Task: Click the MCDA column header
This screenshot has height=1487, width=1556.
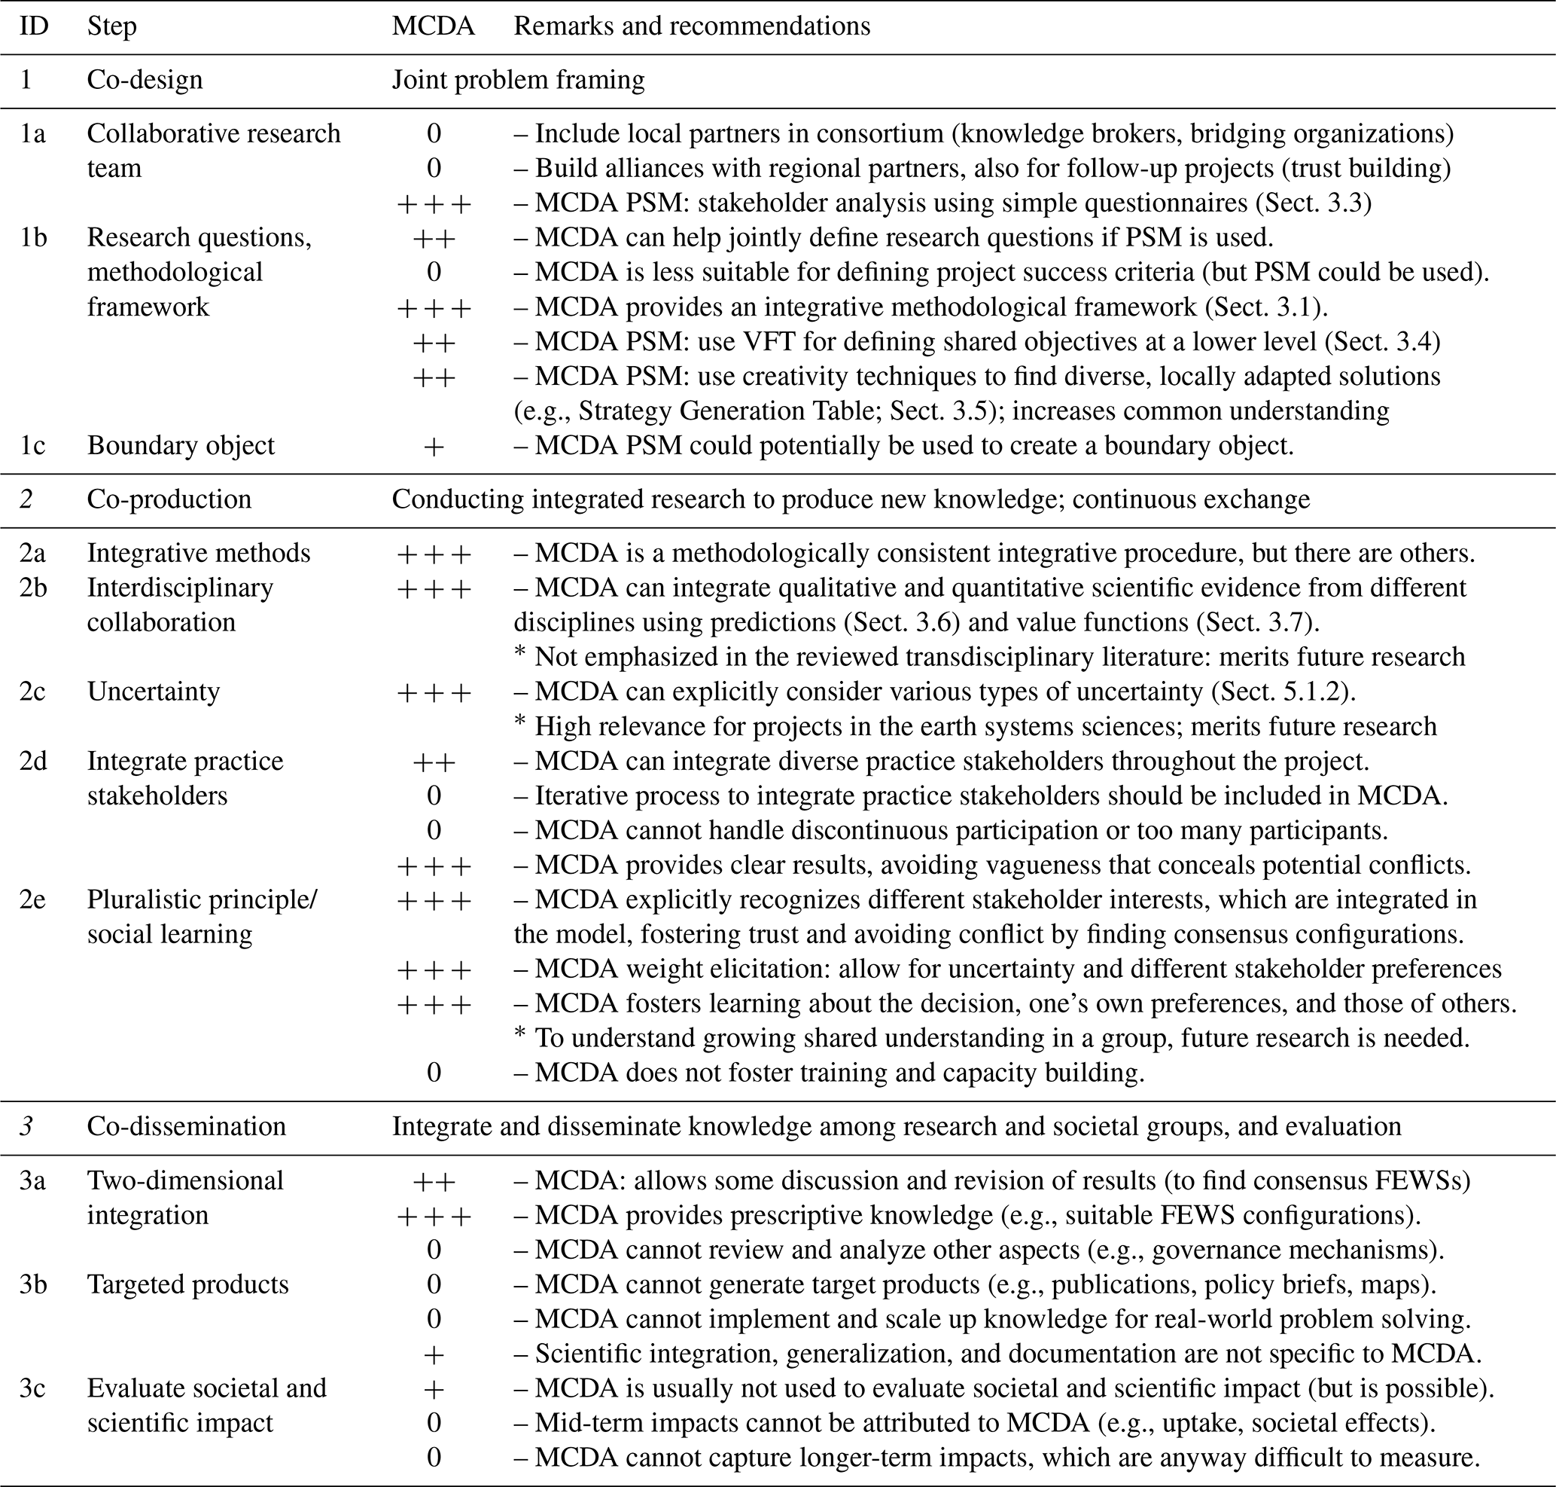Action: point(433,26)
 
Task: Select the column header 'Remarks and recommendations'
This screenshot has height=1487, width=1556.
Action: point(692,26)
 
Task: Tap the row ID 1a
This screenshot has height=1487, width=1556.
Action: point(32,133)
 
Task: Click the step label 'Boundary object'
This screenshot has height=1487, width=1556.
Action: point(181,445)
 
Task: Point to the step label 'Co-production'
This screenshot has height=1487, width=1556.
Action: point(169,499)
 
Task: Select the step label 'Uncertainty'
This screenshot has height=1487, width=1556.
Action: point(153,692)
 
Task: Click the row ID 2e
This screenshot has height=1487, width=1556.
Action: point(32,899)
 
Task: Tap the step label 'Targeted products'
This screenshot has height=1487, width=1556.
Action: point(187,1284)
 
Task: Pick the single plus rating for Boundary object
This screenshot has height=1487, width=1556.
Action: point(434,446)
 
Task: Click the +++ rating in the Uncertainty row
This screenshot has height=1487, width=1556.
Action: point(434,692)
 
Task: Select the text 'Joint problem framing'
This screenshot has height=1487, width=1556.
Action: point(518,80)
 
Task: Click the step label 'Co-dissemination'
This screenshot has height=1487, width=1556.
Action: point(186,1126)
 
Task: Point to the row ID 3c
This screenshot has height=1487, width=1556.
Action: point(32,1388)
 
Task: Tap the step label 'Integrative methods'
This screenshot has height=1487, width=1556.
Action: point(198,552)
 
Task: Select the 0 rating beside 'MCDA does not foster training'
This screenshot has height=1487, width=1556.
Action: point(434,1073)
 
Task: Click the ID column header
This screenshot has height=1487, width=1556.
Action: point(34,26)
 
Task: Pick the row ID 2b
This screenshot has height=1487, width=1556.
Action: point(32,588)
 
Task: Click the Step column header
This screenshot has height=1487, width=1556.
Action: point(111,26)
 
